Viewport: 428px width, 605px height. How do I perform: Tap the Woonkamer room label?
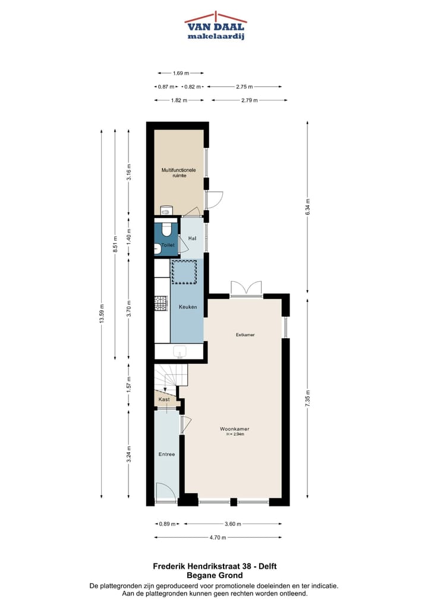click(x=234, y=428)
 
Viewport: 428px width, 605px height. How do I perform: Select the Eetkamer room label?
click(x=244, y=335)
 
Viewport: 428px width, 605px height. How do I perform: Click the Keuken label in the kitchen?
click(x=187, y=307)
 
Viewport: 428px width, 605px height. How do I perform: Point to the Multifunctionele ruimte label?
click(x=178, y=173)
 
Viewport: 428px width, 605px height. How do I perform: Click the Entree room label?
click(x=166, y=455)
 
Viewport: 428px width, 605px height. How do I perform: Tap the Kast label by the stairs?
click(x=164, y=399)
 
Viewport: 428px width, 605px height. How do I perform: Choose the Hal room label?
click(x=192, y=238)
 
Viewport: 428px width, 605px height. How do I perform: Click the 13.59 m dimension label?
click(x=102, y=314)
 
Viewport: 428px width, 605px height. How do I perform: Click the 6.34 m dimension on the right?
click(x=307, y=206)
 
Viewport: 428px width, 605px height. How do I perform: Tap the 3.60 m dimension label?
click(x=232, y=524)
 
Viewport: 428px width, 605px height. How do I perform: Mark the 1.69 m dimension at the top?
click(x=181, y=73)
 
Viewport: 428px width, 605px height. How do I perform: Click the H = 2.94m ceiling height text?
click(x=235, y=434)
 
